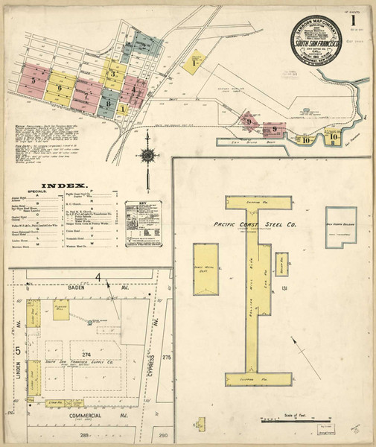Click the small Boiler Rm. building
point(281,264)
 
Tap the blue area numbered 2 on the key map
point(142,44)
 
